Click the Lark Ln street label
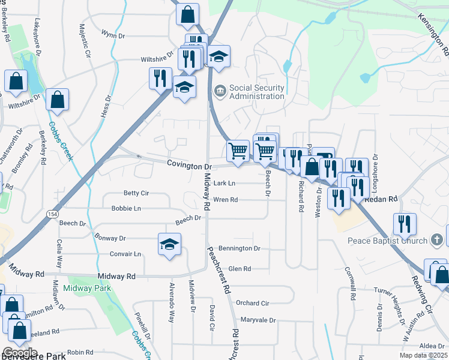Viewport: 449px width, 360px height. (x=224, y=183)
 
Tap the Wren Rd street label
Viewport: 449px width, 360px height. (x=226, y=199)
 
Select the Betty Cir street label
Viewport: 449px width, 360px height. (x=136, y=193)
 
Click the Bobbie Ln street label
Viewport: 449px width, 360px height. (x=126, y=208)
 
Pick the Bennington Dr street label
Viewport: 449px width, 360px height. (x=239, y=248)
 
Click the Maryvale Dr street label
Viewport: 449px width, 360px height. (x=258, y=320)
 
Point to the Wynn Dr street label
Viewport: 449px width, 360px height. (x=113, y=35)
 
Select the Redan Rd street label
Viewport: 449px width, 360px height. (x=384, y=199)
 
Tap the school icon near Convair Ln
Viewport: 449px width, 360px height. (x=170, y=244)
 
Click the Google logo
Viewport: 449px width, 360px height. (x=20, y=353)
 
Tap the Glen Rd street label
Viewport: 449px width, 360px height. (x=239, y=269)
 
